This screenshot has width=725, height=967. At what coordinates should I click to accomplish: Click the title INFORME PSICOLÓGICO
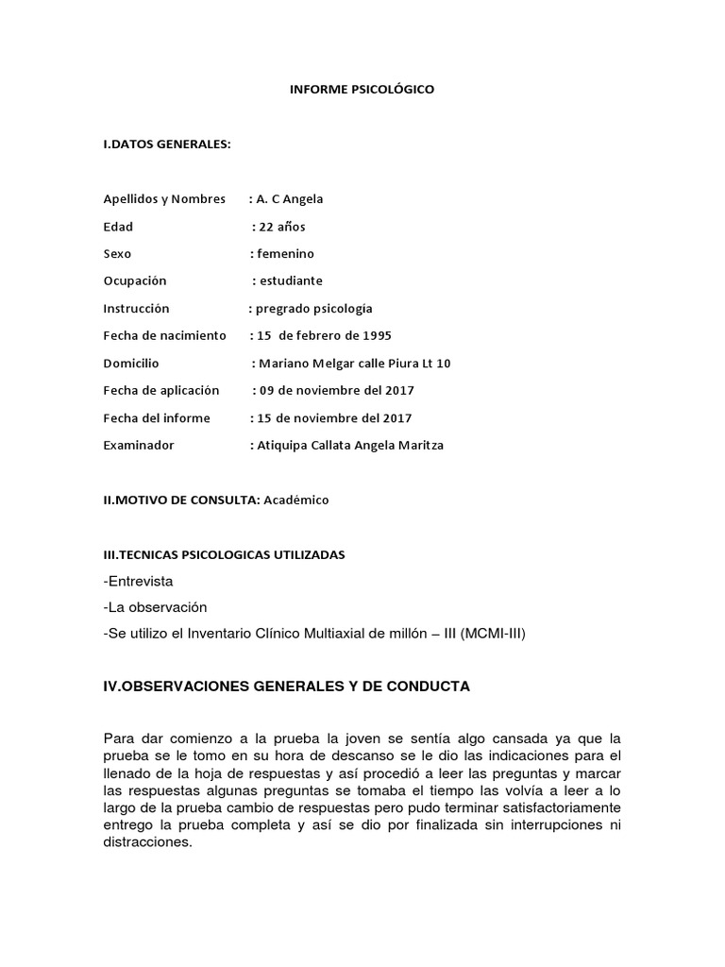coord(362,90)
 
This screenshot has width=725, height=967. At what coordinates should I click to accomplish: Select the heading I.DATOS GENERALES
coord(167,144)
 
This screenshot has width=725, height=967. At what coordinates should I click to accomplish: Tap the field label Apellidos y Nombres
coord(164,198)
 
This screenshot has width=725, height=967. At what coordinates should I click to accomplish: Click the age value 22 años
coord(281,226)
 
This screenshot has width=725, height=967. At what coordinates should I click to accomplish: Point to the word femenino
coord(285,253)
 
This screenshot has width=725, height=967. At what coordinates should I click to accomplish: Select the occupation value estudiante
coord(290,280)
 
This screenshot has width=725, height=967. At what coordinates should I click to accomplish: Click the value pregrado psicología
coord(313,308)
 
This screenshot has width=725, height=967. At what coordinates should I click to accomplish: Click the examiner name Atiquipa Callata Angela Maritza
coord(350,445)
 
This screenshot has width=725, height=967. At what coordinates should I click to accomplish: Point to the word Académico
coord(296,500)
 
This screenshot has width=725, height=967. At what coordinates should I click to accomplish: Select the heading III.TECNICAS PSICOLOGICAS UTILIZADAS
coord(224,554)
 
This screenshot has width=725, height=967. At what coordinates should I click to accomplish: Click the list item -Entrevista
coord(139,581)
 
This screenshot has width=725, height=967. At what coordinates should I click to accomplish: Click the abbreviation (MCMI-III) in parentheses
coord(493,634)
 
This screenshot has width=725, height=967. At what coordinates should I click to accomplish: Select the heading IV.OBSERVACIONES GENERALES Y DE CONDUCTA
coord(286,687)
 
